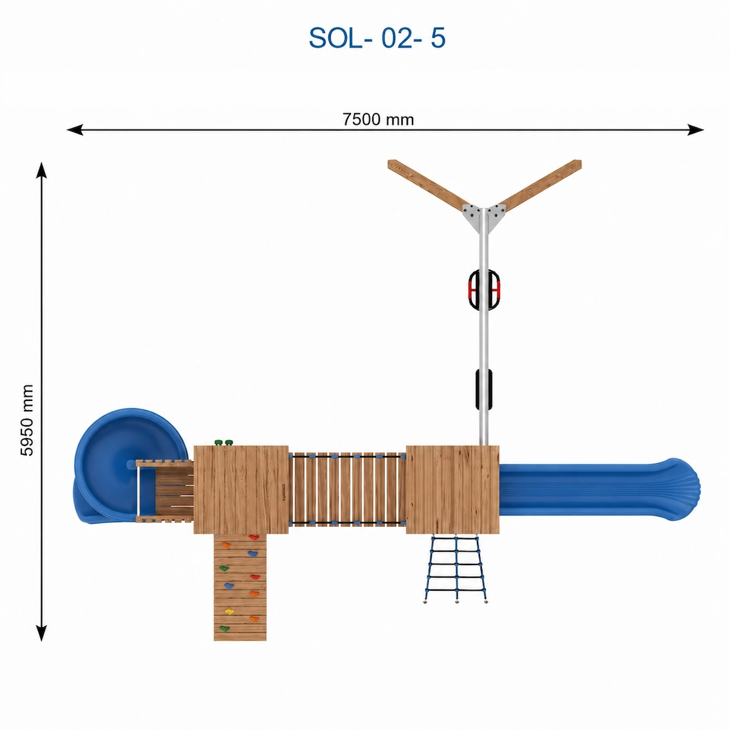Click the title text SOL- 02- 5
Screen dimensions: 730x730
click(377, 38)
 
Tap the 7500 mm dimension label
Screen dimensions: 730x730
click(378, 119)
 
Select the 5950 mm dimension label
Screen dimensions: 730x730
click(27, 420)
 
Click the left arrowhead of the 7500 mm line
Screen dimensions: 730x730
click(75, 130)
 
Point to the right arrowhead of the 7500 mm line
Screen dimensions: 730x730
click(695, 130)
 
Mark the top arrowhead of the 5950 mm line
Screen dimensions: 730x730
click(41, 170)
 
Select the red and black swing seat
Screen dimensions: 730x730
click(484, 290)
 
